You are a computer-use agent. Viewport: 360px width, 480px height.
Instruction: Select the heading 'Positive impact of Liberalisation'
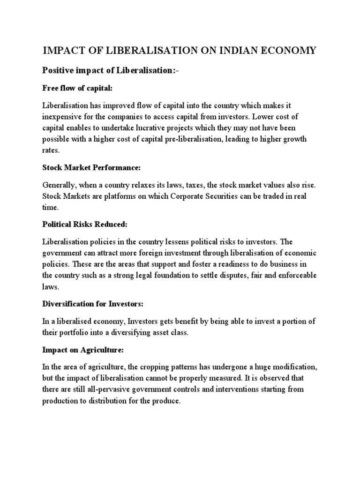pyautogui.click(x=110, y=70)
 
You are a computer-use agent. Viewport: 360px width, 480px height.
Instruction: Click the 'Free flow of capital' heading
pyautogui.click(x=77, y=88)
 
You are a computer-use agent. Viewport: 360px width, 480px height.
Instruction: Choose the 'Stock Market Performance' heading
pyautogui.click(x=89, y=168)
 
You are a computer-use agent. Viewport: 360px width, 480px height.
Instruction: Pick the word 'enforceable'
pyautogui.click(x=297, y=275)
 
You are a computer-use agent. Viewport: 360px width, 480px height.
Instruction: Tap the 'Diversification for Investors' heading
pyautogui.click(x=92, y=304)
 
